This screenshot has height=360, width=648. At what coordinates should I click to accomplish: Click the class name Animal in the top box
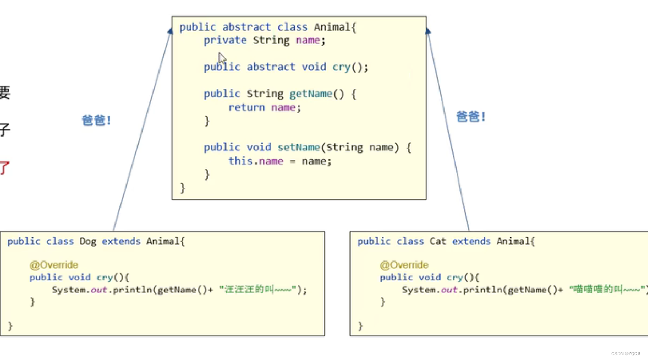coord(331,27)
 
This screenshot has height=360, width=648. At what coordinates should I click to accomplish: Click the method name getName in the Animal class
coord(311,94)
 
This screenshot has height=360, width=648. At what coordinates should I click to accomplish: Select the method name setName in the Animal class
coord(299,147)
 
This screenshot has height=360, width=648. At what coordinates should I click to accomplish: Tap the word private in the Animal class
coord(225,40)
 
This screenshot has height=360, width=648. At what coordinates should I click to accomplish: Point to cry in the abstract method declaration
coord(341,67)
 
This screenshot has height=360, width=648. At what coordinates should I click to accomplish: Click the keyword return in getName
coord(246,108)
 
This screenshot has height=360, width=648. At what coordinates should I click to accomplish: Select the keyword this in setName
coord(240,161)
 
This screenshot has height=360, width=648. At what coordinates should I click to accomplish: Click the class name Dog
coord(87,241)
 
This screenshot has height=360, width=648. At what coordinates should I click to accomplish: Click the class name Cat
coord(438,241)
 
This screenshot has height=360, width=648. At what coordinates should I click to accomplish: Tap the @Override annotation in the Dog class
coord(54,265)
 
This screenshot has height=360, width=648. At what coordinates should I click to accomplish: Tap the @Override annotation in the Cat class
coord(404,265)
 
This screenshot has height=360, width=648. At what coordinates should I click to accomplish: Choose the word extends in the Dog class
coord(121,241)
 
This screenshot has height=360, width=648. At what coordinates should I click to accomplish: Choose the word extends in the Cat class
coord(471,241)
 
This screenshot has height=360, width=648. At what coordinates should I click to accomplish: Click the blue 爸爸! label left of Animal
coord(97,121)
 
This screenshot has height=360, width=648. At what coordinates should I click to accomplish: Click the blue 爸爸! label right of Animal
coord(471,117)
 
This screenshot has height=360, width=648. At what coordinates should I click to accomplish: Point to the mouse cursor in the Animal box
coord(221,58)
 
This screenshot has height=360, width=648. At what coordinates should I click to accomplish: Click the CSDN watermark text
coord(626,354)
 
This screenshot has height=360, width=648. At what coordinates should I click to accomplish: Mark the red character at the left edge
coord(4,168)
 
